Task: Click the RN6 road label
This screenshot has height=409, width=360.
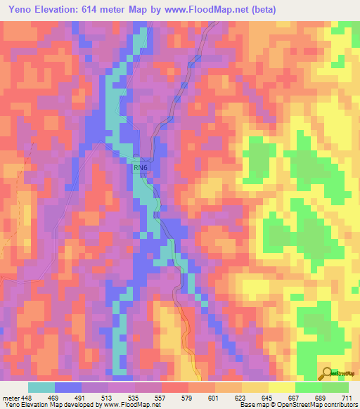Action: click(141, 168)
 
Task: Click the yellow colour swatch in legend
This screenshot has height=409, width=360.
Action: click(281, 387)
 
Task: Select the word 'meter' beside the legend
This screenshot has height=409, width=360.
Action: click(10, 397)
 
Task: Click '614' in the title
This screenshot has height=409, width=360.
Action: click(97, 10)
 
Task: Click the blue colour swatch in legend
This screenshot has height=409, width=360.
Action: click(67, 387)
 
